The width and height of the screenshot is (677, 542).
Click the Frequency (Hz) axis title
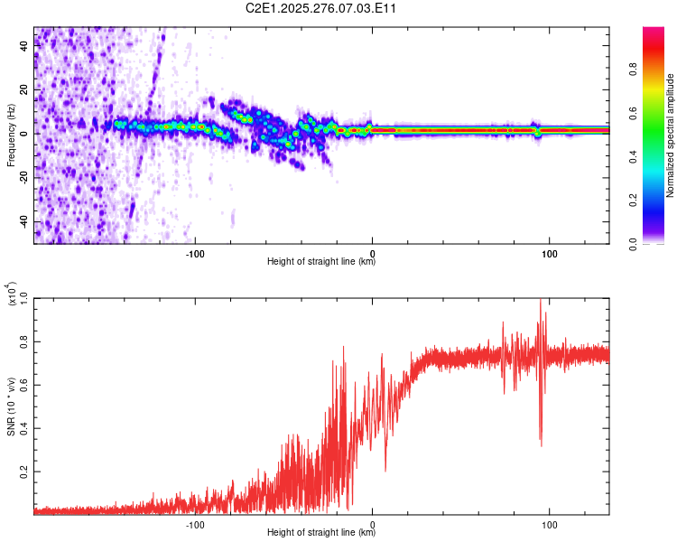coord(11,135)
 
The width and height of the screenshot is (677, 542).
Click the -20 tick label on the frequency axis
coord(24,178)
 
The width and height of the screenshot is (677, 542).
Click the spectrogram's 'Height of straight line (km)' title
coord(321,262)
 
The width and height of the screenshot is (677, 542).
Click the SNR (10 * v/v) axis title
coord(11,406)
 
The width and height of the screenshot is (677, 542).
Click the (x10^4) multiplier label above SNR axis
coord(11,294)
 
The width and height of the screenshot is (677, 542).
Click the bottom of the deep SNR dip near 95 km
coord(541,445)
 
